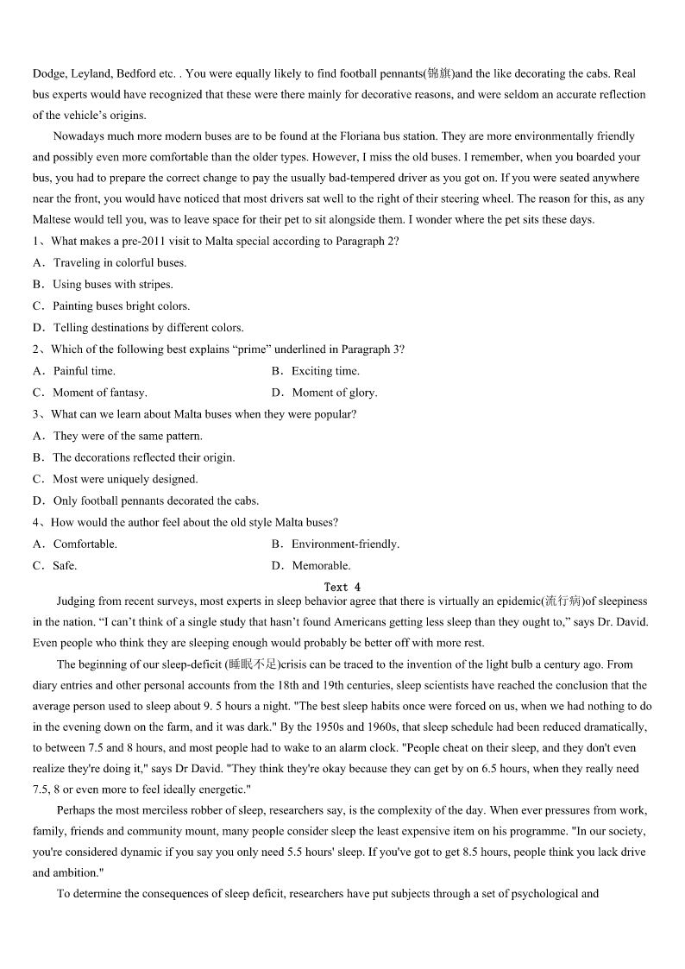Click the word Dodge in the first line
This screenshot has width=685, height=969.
click(48, 74)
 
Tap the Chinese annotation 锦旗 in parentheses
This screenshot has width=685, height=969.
click(438, 74)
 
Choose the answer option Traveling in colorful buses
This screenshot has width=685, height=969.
click(120, 263)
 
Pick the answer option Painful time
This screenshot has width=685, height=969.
click(84, 371)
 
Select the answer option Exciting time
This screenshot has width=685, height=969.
click(325, 371)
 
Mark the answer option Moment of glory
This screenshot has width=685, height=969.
click(334, 393)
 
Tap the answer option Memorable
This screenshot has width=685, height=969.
click(321, 566)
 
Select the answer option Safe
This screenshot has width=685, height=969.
click(65, 566)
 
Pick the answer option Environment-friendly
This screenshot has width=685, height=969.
click(345, 544)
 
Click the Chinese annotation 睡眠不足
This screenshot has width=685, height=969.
click(252, 664)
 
